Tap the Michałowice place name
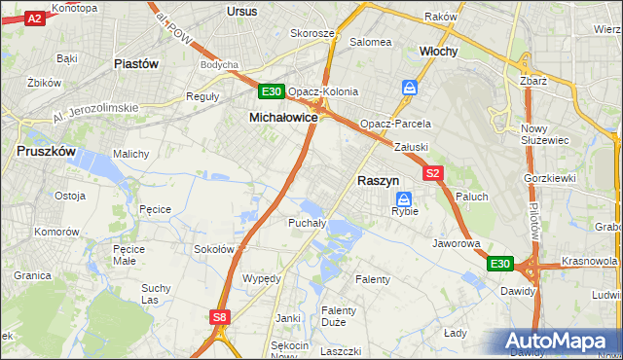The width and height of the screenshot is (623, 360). point(283,117)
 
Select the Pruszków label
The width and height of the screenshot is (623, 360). point(48,152)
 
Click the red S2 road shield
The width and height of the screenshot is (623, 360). point(434,173)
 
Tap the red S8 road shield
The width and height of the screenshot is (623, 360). point(220,316)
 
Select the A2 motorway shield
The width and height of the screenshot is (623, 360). point(34,18)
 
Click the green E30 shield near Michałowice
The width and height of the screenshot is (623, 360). point(272,92)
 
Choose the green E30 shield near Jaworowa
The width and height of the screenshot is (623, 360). point(499,264)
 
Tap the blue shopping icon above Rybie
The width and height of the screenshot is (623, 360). point(404,198)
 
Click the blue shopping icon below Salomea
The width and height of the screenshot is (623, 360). point(410,88)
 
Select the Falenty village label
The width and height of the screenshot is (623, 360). point(373,279)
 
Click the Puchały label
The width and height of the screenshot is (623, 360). point(306,223)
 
